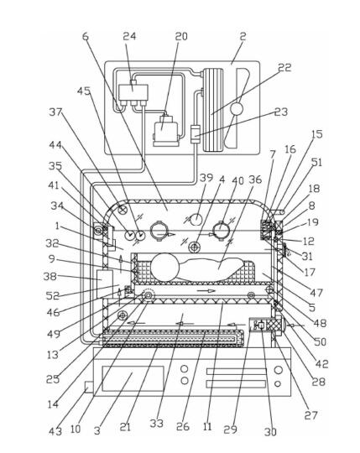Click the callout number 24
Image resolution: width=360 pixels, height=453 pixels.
[129, 36]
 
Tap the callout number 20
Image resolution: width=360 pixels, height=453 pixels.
[181, 36]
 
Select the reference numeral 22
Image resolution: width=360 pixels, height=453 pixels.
[284, 67]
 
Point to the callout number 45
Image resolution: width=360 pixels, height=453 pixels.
[84, 91]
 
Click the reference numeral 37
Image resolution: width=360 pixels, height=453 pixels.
[55, 112]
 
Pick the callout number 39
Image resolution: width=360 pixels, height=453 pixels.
[206, 178]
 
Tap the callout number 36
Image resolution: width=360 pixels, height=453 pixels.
[255, 180]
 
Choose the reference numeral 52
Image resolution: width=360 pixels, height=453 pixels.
[53, 295]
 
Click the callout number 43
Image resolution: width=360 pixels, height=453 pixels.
[55, 431]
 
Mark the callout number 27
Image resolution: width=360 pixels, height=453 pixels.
[310, 415]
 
